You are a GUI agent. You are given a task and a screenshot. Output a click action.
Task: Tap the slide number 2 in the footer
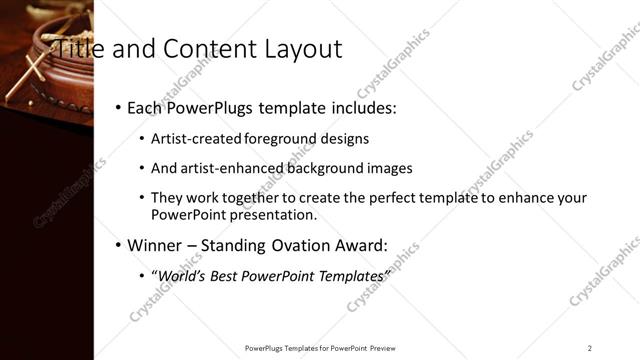[x=590, y=348]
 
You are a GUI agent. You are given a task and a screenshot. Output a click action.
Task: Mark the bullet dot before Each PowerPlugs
[x=118, y=107]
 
